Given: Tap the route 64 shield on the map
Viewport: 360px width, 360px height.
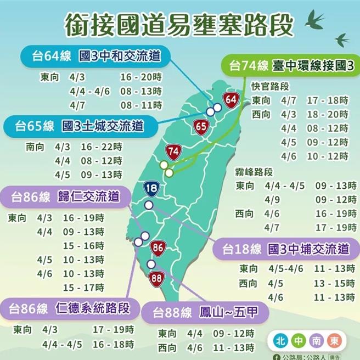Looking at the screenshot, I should pos(231,100).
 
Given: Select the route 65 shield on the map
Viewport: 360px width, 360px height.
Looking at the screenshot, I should pos(201,127).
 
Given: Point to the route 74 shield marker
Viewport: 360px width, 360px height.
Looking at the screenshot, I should pos(173,151).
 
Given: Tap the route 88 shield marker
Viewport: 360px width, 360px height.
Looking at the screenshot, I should pos(157,278).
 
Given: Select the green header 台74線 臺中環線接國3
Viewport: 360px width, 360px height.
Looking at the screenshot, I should pos(291,66).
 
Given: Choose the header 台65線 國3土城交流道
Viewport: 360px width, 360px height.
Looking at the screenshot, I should pos(79,126).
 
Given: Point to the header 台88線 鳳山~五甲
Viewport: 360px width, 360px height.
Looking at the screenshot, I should pos(201,313).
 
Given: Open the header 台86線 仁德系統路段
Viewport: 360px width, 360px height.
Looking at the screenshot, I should pos(69,308).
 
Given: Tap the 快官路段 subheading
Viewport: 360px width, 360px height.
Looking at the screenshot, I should pos(269,87).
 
